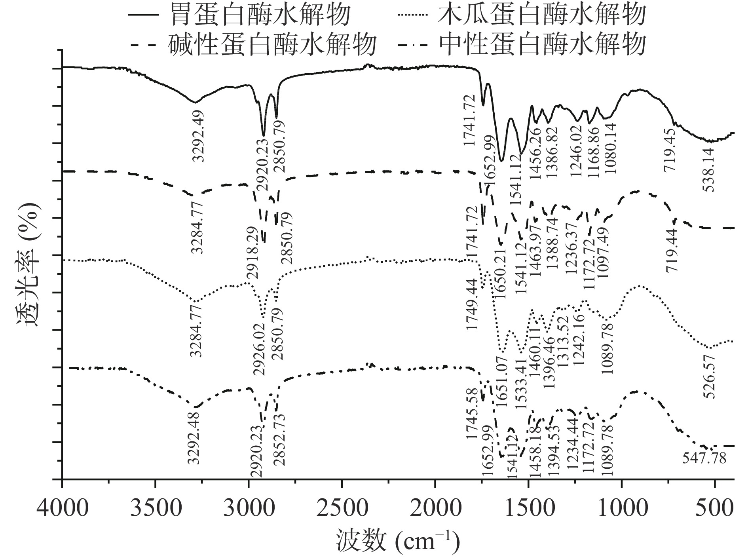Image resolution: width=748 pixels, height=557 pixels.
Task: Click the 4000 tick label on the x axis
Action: coord(62,508)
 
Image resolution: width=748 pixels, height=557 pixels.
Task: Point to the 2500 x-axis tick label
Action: coord(342,508)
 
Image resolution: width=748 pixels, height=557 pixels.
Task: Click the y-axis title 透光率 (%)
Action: coord(29,264)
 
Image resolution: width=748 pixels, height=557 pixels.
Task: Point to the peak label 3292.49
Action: coord(198,136)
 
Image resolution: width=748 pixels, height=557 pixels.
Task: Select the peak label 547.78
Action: coord(704,458)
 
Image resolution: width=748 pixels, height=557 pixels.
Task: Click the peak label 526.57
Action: coord(709,376)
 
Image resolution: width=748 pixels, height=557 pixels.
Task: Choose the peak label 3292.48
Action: coord(193,438)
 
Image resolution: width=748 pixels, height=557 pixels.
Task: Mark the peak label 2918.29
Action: coord(252,253)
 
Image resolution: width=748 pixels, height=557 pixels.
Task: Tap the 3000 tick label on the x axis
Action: coord(249,508)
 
